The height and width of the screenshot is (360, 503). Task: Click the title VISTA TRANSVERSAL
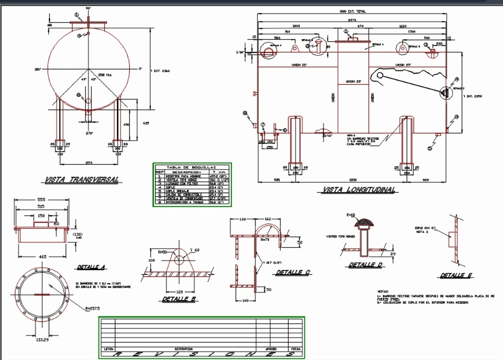tap(82, 179)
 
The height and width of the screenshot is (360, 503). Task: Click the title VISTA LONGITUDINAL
tap(358, 190)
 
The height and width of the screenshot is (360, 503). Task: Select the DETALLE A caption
tap(91, 267)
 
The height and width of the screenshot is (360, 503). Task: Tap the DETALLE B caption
tap(179, 299)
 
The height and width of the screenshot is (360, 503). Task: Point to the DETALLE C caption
tap(292, 273)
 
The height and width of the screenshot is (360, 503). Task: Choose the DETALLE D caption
tap(365, 265)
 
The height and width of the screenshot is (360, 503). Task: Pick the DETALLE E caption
tap(456, 275)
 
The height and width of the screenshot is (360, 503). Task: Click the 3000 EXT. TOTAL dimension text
tap(353, 11)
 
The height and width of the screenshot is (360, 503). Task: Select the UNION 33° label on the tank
tap(353, 82)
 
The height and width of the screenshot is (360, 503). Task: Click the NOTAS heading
tap(383, 292)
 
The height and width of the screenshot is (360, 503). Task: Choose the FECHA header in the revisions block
tap(295, 349)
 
